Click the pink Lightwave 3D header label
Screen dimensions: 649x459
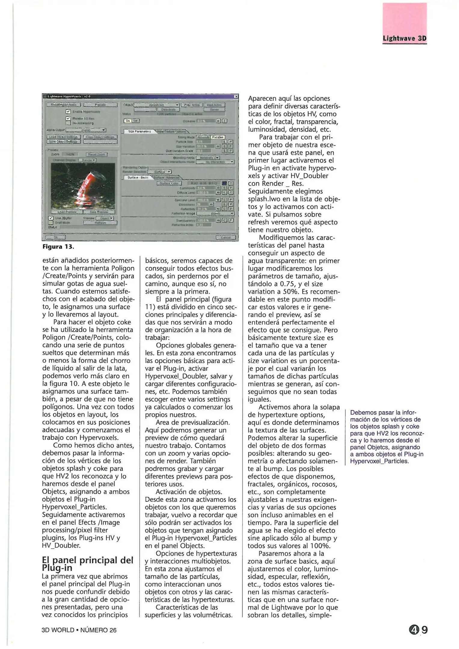[x=404, y=39]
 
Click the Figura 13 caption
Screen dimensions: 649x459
[x=58, y=247]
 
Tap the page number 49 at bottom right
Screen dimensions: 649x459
[x=418, y=629]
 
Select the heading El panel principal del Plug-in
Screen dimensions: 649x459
[x=87, y=564]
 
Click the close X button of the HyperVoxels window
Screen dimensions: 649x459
[x=236, y=96]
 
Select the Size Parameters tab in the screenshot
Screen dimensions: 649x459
[x=139, y=131]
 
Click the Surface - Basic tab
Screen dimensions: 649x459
[x=138, y=178]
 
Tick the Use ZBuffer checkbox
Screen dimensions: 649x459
[x=51, y=218]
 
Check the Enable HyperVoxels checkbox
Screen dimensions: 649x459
[x=68, y=111]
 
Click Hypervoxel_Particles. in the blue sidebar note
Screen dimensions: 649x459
[x=379, y=461]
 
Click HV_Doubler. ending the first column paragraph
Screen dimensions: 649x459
[x=61, y=545]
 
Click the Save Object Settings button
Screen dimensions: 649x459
[x=63, y=142]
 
